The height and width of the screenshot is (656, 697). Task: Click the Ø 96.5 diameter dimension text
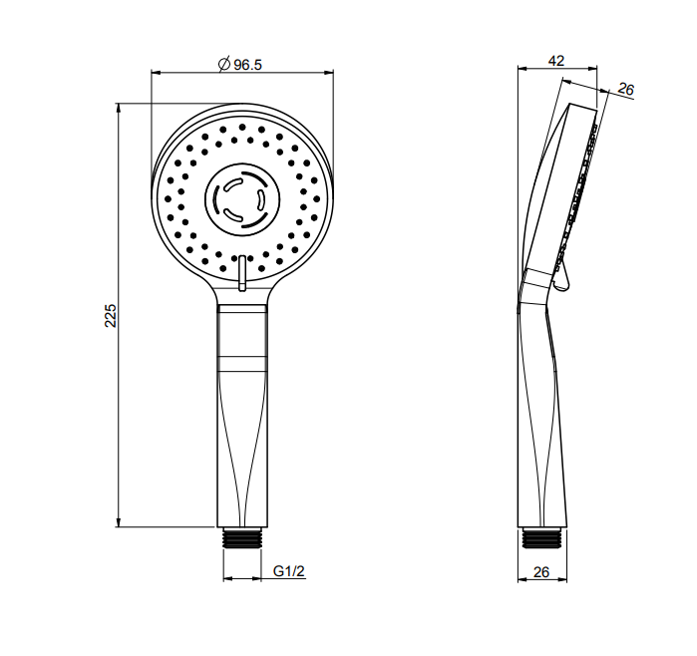[240, 65]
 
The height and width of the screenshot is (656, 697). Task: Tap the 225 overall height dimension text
[111, 316]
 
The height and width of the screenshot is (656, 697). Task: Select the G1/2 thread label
[289, 570]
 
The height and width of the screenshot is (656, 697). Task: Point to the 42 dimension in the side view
[556, 61]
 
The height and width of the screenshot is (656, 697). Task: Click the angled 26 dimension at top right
[625, 90]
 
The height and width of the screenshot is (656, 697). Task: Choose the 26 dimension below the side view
[541, 572]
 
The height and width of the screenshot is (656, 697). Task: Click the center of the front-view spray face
[242, 199]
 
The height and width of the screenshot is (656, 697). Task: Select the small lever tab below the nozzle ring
[242, 273]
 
